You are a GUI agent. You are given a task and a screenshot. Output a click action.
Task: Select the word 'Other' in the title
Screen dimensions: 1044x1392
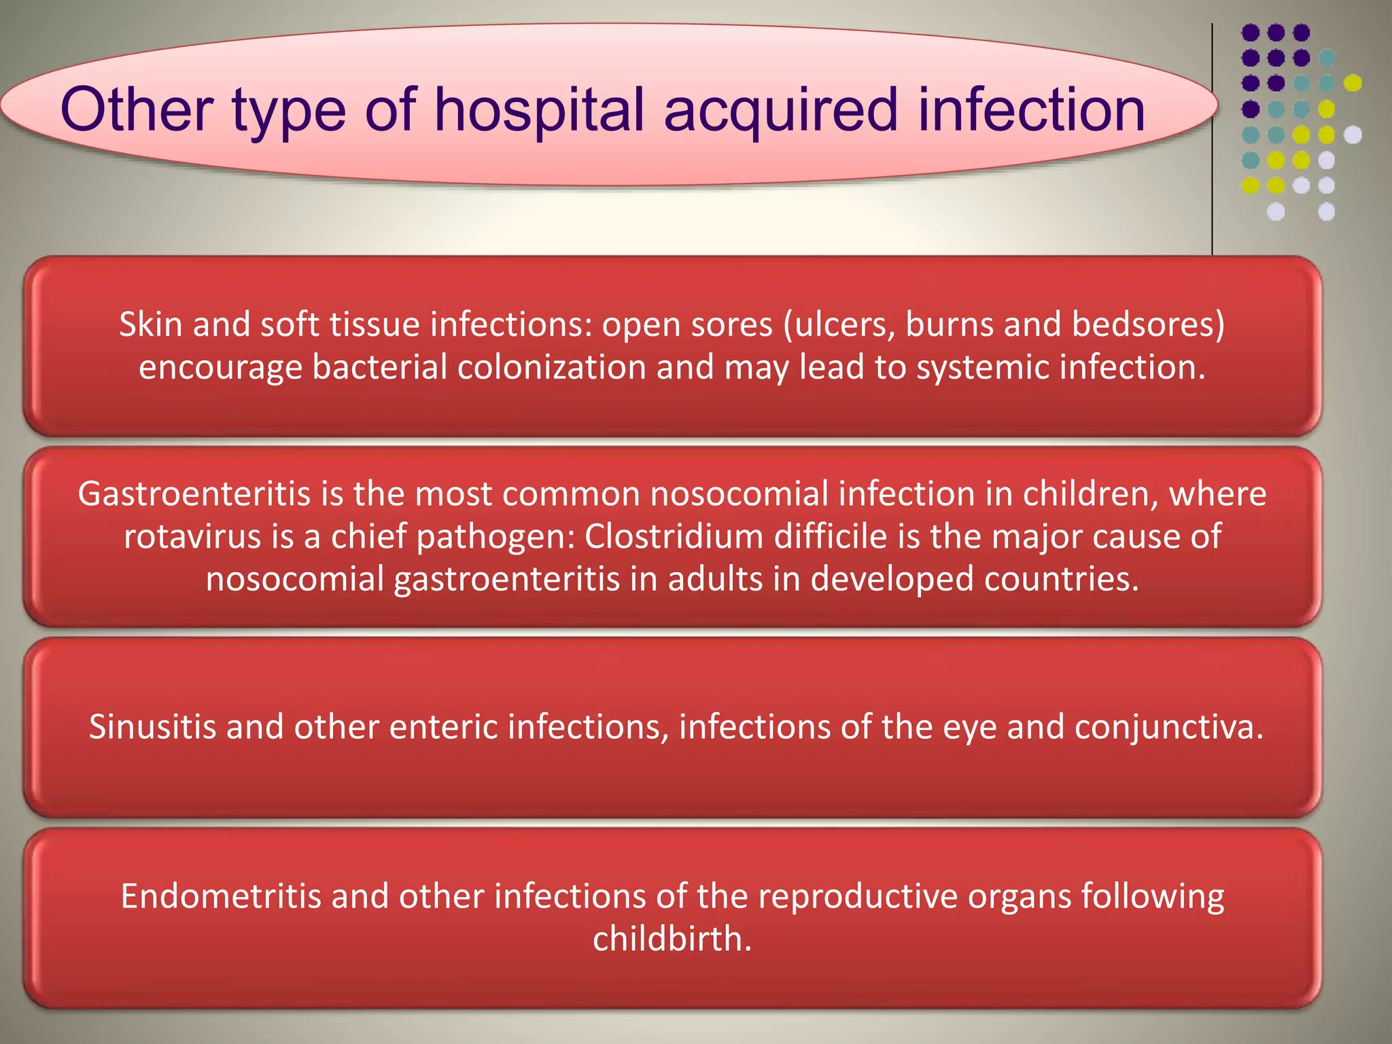pos(136,110)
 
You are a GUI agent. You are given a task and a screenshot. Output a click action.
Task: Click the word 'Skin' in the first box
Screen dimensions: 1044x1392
pos(151,324)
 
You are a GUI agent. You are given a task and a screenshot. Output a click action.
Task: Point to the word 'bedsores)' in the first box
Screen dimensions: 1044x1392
pos(1148,324)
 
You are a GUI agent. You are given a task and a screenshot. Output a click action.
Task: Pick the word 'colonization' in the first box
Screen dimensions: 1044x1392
pos(551,368)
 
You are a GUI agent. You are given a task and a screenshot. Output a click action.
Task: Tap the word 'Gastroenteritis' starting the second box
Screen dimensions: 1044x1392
pos(194,493)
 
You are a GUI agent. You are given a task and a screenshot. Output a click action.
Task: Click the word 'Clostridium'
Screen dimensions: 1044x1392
pos(674,536)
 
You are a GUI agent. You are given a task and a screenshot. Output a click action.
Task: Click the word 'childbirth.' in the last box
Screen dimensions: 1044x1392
pos(672,939)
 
